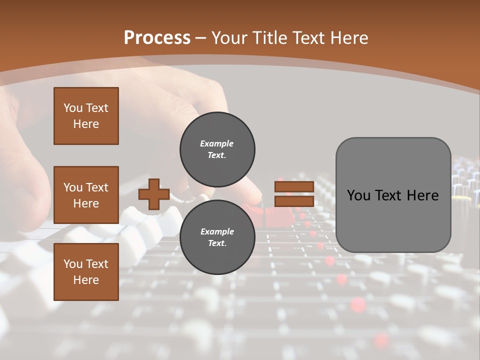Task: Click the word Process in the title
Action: [157, 38]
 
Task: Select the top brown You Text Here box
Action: [86, 116]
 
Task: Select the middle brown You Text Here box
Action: [86, 195]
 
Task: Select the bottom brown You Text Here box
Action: [86, 272]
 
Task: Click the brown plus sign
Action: [154, 194]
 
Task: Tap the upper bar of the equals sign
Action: [294, 187]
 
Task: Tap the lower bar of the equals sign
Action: [294, 201]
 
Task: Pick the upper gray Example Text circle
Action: [217, 149]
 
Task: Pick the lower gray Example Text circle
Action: [217, 237]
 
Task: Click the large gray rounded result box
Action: [393, 195]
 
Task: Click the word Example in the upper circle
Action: [217, 143]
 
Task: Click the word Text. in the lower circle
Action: [217, 243]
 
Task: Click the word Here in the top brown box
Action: [86, 124]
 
